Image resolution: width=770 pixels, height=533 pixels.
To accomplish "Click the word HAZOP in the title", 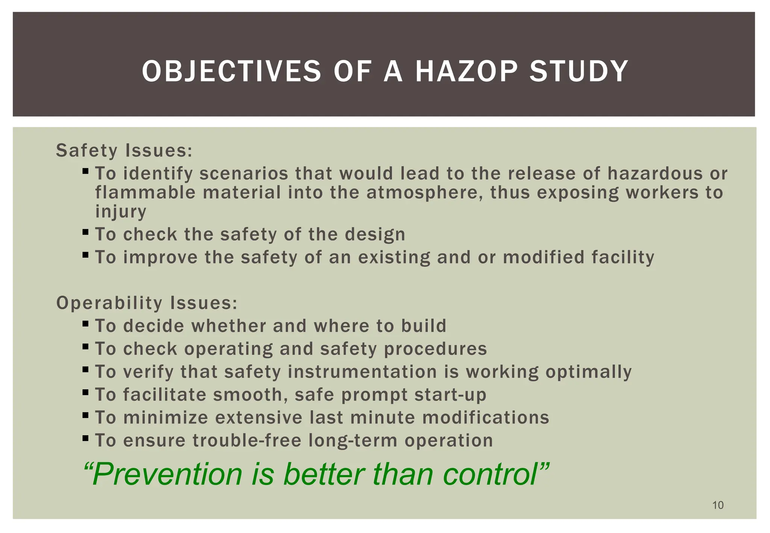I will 465,71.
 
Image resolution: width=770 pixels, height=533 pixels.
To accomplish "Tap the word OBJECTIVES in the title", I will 231,71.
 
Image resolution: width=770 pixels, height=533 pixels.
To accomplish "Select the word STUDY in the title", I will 579,71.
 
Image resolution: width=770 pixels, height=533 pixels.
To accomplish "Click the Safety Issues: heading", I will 124,151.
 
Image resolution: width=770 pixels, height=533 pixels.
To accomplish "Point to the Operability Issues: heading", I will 147,303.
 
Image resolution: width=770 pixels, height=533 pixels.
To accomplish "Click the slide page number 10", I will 718,505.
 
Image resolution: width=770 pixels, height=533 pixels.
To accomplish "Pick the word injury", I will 120,212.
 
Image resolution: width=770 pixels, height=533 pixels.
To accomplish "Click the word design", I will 375,235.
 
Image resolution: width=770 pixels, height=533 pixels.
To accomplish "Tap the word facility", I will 623,257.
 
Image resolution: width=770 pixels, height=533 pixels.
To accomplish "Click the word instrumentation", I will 362,372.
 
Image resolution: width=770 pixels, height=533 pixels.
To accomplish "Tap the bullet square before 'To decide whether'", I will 85,323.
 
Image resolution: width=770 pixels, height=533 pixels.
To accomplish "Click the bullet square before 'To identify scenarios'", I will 85,171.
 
